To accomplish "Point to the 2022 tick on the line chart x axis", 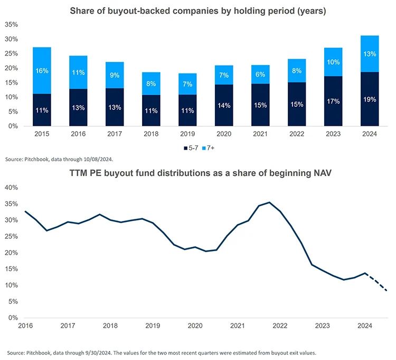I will (x=280, y=326).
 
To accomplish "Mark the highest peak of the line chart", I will (x=269, y=202).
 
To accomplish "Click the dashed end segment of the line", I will (x=378, y=282).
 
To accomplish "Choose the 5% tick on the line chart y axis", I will (x=13, y=301).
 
